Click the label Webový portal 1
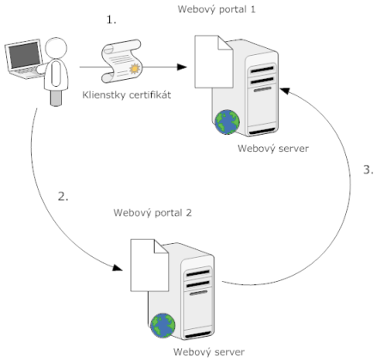click(216, 9)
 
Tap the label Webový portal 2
click(153, 213)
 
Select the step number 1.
click(112, 20)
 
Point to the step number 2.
click(63, 197)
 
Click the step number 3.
click(368, 169)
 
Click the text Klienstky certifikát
click(126, 95)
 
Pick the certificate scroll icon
click(121, 61)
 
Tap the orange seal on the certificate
click(135, 69)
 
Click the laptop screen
click(24, 55)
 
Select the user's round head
click(56, 48)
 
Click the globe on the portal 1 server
click(227, 122)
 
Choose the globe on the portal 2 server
click(163, 326)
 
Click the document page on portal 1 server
click(214, 62)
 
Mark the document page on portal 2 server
click(149, 265)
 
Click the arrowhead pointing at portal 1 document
click(181, 67)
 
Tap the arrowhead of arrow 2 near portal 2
click(117, 268)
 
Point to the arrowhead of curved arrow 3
click(285, 91)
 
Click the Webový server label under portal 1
click(273, 149)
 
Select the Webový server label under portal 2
click(209, 352)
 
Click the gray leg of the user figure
click(56, 98)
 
